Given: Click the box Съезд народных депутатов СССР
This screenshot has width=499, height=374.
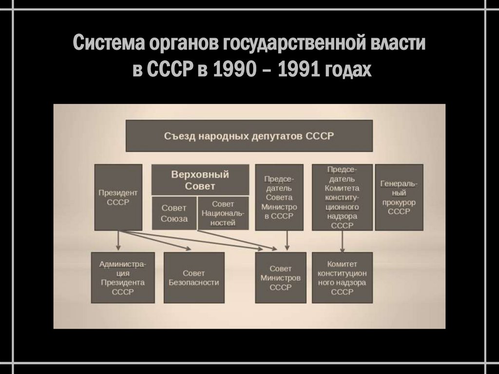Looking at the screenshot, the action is point(249,136).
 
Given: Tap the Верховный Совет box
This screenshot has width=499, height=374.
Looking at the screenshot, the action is point(200,180).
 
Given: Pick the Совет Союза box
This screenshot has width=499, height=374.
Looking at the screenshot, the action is point(174,213).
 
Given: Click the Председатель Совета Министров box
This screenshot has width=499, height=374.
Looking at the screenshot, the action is point(279,197).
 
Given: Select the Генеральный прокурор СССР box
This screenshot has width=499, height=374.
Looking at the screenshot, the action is point(399,197).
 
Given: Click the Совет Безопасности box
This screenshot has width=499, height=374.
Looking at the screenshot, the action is point(193,278).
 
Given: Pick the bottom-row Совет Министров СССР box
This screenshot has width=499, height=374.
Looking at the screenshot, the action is point(280,278).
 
